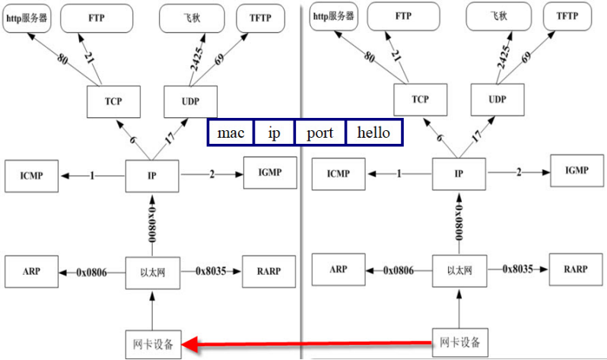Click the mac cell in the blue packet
[x=230, y=132]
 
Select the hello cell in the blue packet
[x=373, y=132]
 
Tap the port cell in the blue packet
[x=319, y=132]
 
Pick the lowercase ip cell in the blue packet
[x=274, y=132]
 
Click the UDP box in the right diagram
[x=497, y=99]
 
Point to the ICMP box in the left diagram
[x=31, y=176]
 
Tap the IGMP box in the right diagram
[x=576, y=170]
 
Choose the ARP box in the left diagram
[x=31, y=272]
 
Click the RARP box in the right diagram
[x=576, y=269]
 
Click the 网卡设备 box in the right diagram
[x=460, y=342]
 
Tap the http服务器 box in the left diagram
[x=26, y=18]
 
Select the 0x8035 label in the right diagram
[x=521, y=269]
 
